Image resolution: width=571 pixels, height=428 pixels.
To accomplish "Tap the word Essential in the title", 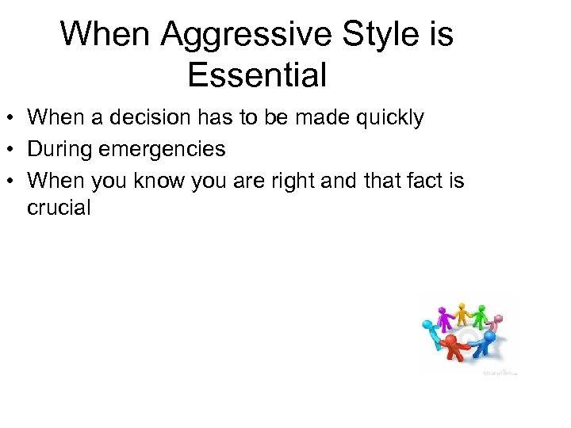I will (257, 75).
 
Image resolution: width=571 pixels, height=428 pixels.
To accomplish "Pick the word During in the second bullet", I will (61, 148).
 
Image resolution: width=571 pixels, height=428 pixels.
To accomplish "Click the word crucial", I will (59, 208).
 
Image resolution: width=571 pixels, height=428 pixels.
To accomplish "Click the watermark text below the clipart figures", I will (500, 371).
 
